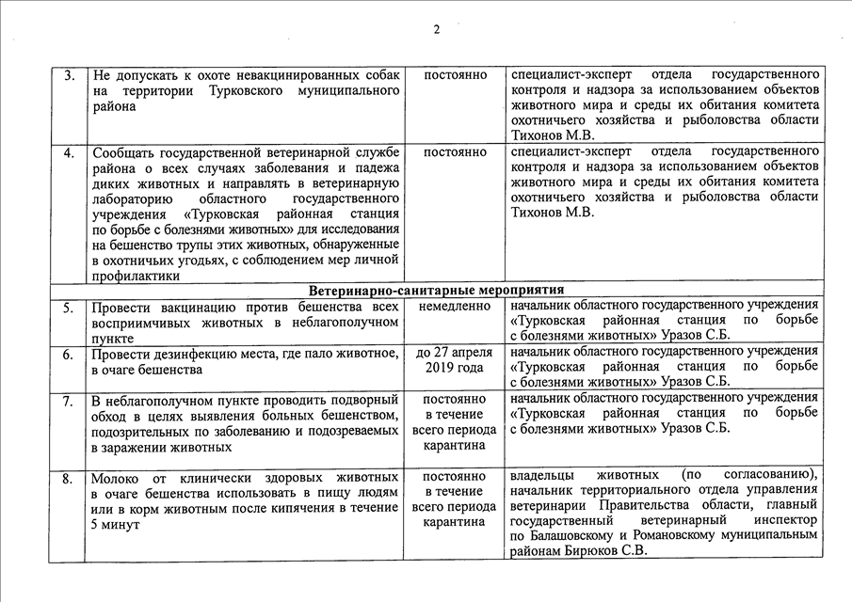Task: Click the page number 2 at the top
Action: point(437,28)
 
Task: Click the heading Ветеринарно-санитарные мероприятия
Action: point(435,290)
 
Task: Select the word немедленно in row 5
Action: point(455,307)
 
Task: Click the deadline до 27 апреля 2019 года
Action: point(455,361)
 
